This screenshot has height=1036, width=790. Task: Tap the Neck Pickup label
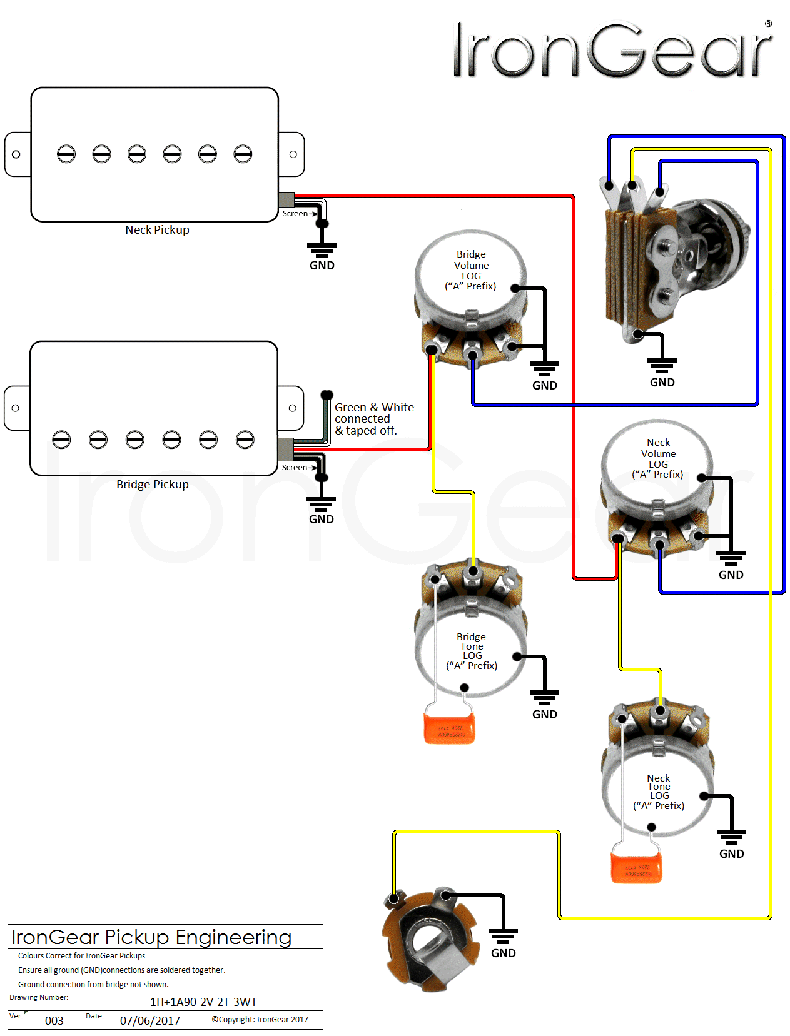pos(157,230)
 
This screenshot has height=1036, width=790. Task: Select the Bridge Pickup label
pos(152,485)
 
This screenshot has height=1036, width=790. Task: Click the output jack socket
pos(430,939)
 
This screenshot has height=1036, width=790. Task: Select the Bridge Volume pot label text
pos(471,270)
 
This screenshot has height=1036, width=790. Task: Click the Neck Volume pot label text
pos(658,458)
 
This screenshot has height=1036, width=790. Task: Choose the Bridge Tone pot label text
pos(472,651)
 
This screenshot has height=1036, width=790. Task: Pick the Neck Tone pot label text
pos(659,792)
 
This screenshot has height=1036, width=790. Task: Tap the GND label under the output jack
pos(504,953)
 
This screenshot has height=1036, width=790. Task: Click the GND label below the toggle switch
pos(662,383)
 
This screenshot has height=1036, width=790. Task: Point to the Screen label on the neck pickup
pos(295,214)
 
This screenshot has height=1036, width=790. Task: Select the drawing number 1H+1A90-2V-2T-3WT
pos(203,1002)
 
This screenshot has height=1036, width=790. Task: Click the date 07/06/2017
pos(150,1021)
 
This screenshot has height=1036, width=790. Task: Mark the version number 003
pos(54,1021)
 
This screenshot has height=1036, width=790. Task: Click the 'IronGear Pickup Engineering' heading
pos(151,937)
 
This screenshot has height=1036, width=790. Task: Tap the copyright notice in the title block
pos(260,1020)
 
